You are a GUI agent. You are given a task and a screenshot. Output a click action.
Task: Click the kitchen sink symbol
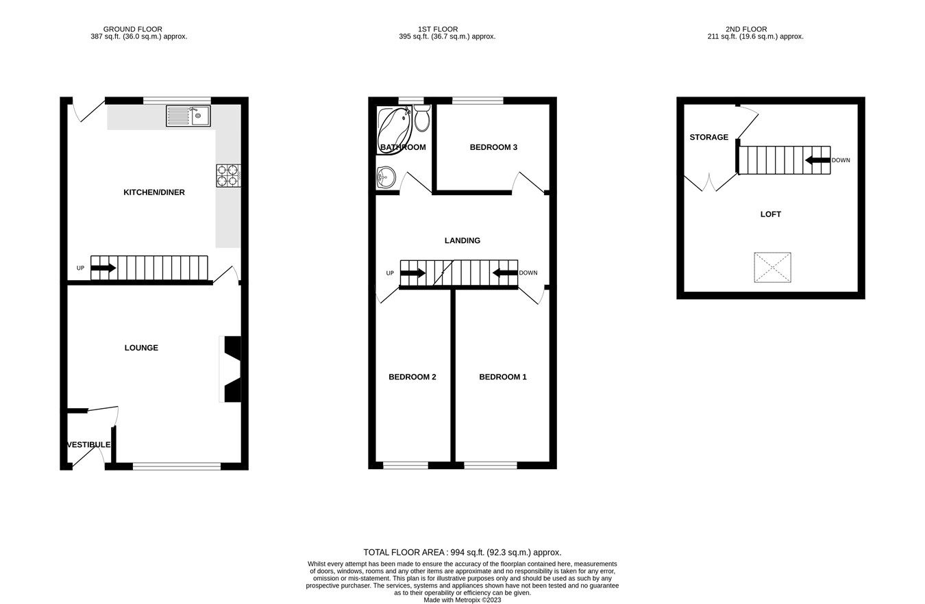pyautogui.click(x=188, y=116)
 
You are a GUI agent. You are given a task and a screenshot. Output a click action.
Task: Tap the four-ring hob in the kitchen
pyautogui.click(x=228, y=176)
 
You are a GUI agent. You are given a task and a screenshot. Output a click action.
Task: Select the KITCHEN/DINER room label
pyautogui.click(x=154, y=192)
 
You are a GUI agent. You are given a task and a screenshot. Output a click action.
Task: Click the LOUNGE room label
pyautogui.click(x=141, y=348)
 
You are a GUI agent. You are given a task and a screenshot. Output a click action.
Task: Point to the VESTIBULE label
pyautogui.click(x=88, y=445)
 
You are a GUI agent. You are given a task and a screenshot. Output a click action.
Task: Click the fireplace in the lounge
pyautogui.click(x=232, y=368)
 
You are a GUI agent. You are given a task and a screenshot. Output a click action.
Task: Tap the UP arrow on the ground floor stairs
pyautogui.click(x=103, y=268)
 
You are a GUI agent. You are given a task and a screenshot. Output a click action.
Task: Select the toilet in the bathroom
pyautogui.click(x=422, y=118)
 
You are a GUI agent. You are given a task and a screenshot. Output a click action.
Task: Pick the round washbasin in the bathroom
pyautogui.click(x=386, y=177)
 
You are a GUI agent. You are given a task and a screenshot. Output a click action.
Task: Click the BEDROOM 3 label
pyautogui.click(x=493, y=147)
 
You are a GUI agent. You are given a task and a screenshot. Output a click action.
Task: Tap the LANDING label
pyautogui.click(x=463, y=240)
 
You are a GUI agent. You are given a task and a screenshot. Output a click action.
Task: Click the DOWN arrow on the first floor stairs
pyautogui.click(x=505, y=273)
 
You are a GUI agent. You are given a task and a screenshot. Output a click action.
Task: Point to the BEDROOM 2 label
pyautogui.click(x=412, y=377)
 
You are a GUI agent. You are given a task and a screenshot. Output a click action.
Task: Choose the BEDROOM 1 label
pyautogui.click(x=503, y=377)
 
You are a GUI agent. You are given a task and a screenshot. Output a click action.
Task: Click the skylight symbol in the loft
pyautogui.click(x=773, y=267)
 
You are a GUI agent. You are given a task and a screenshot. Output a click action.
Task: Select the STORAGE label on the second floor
pyautogui.click(x=708, y=138)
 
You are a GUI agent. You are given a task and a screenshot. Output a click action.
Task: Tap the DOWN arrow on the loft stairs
pyautogui.click(x=817, y=160)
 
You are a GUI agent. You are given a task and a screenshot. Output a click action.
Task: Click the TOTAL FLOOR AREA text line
pyautogui.click(x=463, y=552)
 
